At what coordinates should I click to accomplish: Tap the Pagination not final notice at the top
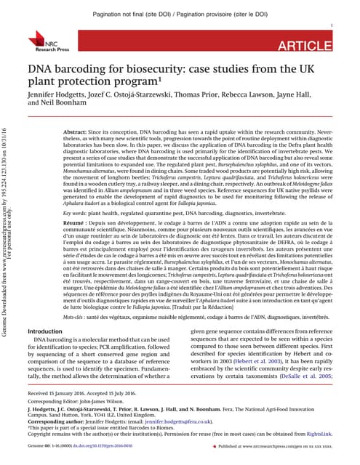(180, 14)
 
